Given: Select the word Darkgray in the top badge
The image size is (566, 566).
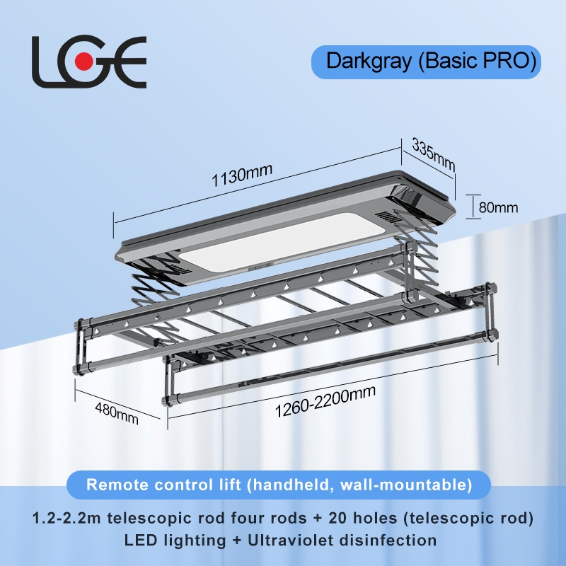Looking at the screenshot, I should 368,61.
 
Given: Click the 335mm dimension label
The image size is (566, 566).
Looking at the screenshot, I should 432,154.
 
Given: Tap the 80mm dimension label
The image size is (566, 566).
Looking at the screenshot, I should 498,207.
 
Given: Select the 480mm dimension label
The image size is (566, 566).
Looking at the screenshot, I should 117,410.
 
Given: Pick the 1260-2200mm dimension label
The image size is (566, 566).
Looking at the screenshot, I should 325,402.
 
